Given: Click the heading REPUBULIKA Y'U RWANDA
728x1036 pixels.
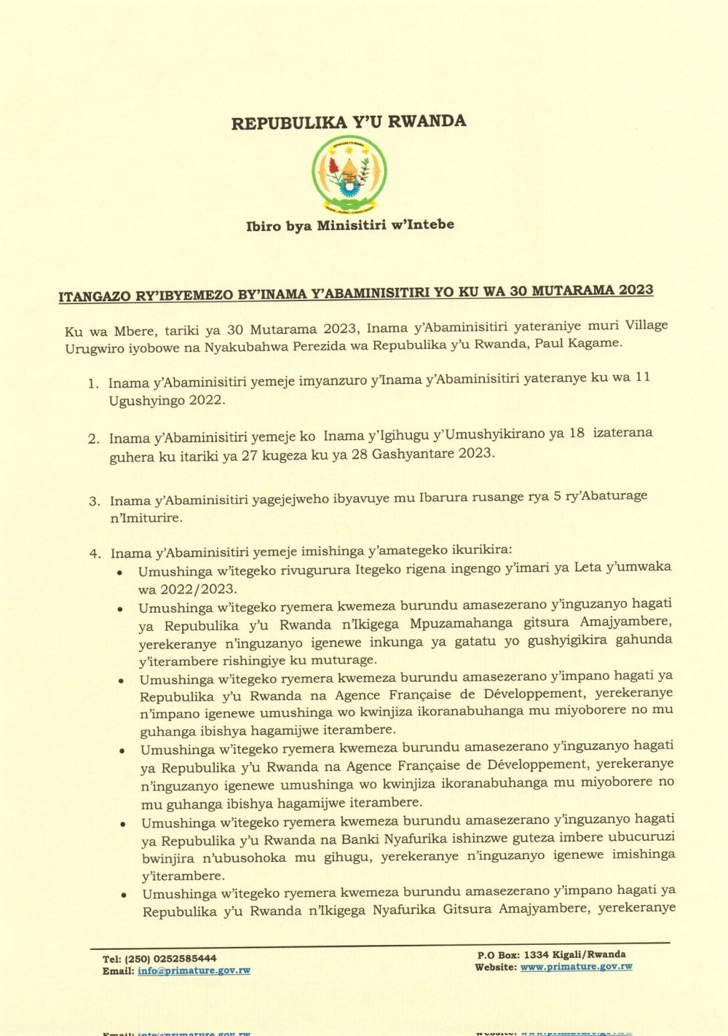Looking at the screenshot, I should [x=349, y=122].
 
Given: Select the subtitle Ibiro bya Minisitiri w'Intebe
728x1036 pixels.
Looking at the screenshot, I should [x=349, y=225].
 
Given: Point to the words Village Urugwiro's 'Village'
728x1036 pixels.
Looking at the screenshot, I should [x=646, y=325].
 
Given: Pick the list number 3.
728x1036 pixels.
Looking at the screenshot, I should [x=95, y=501].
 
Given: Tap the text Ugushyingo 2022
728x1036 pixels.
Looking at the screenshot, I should [x=167, y=401].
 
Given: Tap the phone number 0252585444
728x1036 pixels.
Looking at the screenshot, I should [x=183, y=959].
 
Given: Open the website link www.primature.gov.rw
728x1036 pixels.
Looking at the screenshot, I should [x=576, y=967].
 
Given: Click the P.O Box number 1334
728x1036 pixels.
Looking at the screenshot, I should [x=537, y=954].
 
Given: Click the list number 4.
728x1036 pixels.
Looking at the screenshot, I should [x=95, y=554].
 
